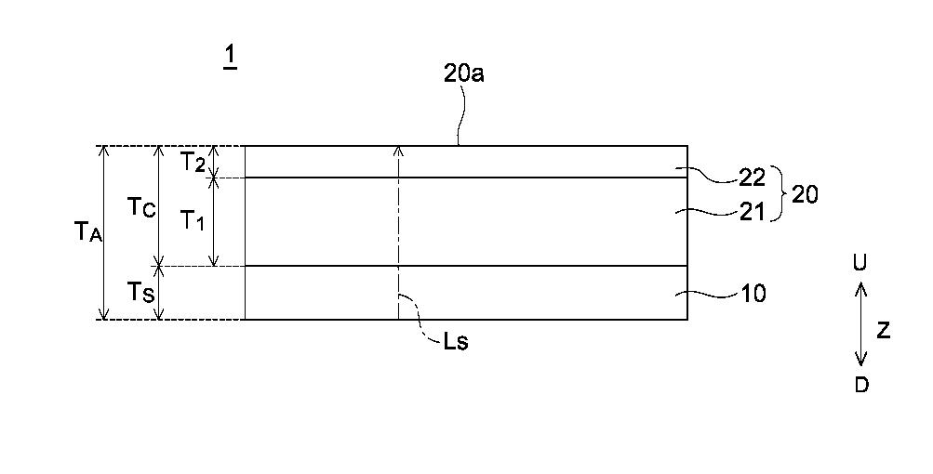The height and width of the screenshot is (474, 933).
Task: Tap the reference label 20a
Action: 463,72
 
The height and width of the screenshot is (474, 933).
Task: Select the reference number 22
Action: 752,178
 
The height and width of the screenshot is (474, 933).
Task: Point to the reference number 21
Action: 752,212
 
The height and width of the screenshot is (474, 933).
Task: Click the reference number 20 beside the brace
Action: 805,194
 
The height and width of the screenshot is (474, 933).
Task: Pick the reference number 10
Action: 753,293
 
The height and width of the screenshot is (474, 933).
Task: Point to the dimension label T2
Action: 193,162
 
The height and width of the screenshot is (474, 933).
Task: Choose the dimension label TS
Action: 141,292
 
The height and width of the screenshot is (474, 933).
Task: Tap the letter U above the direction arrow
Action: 860,262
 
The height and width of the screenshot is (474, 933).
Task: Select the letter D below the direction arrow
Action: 861,385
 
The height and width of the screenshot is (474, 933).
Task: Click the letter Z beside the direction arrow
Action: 884,330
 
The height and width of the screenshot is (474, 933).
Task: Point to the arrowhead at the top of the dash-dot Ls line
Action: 399,150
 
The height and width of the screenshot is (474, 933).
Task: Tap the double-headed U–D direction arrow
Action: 860,324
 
